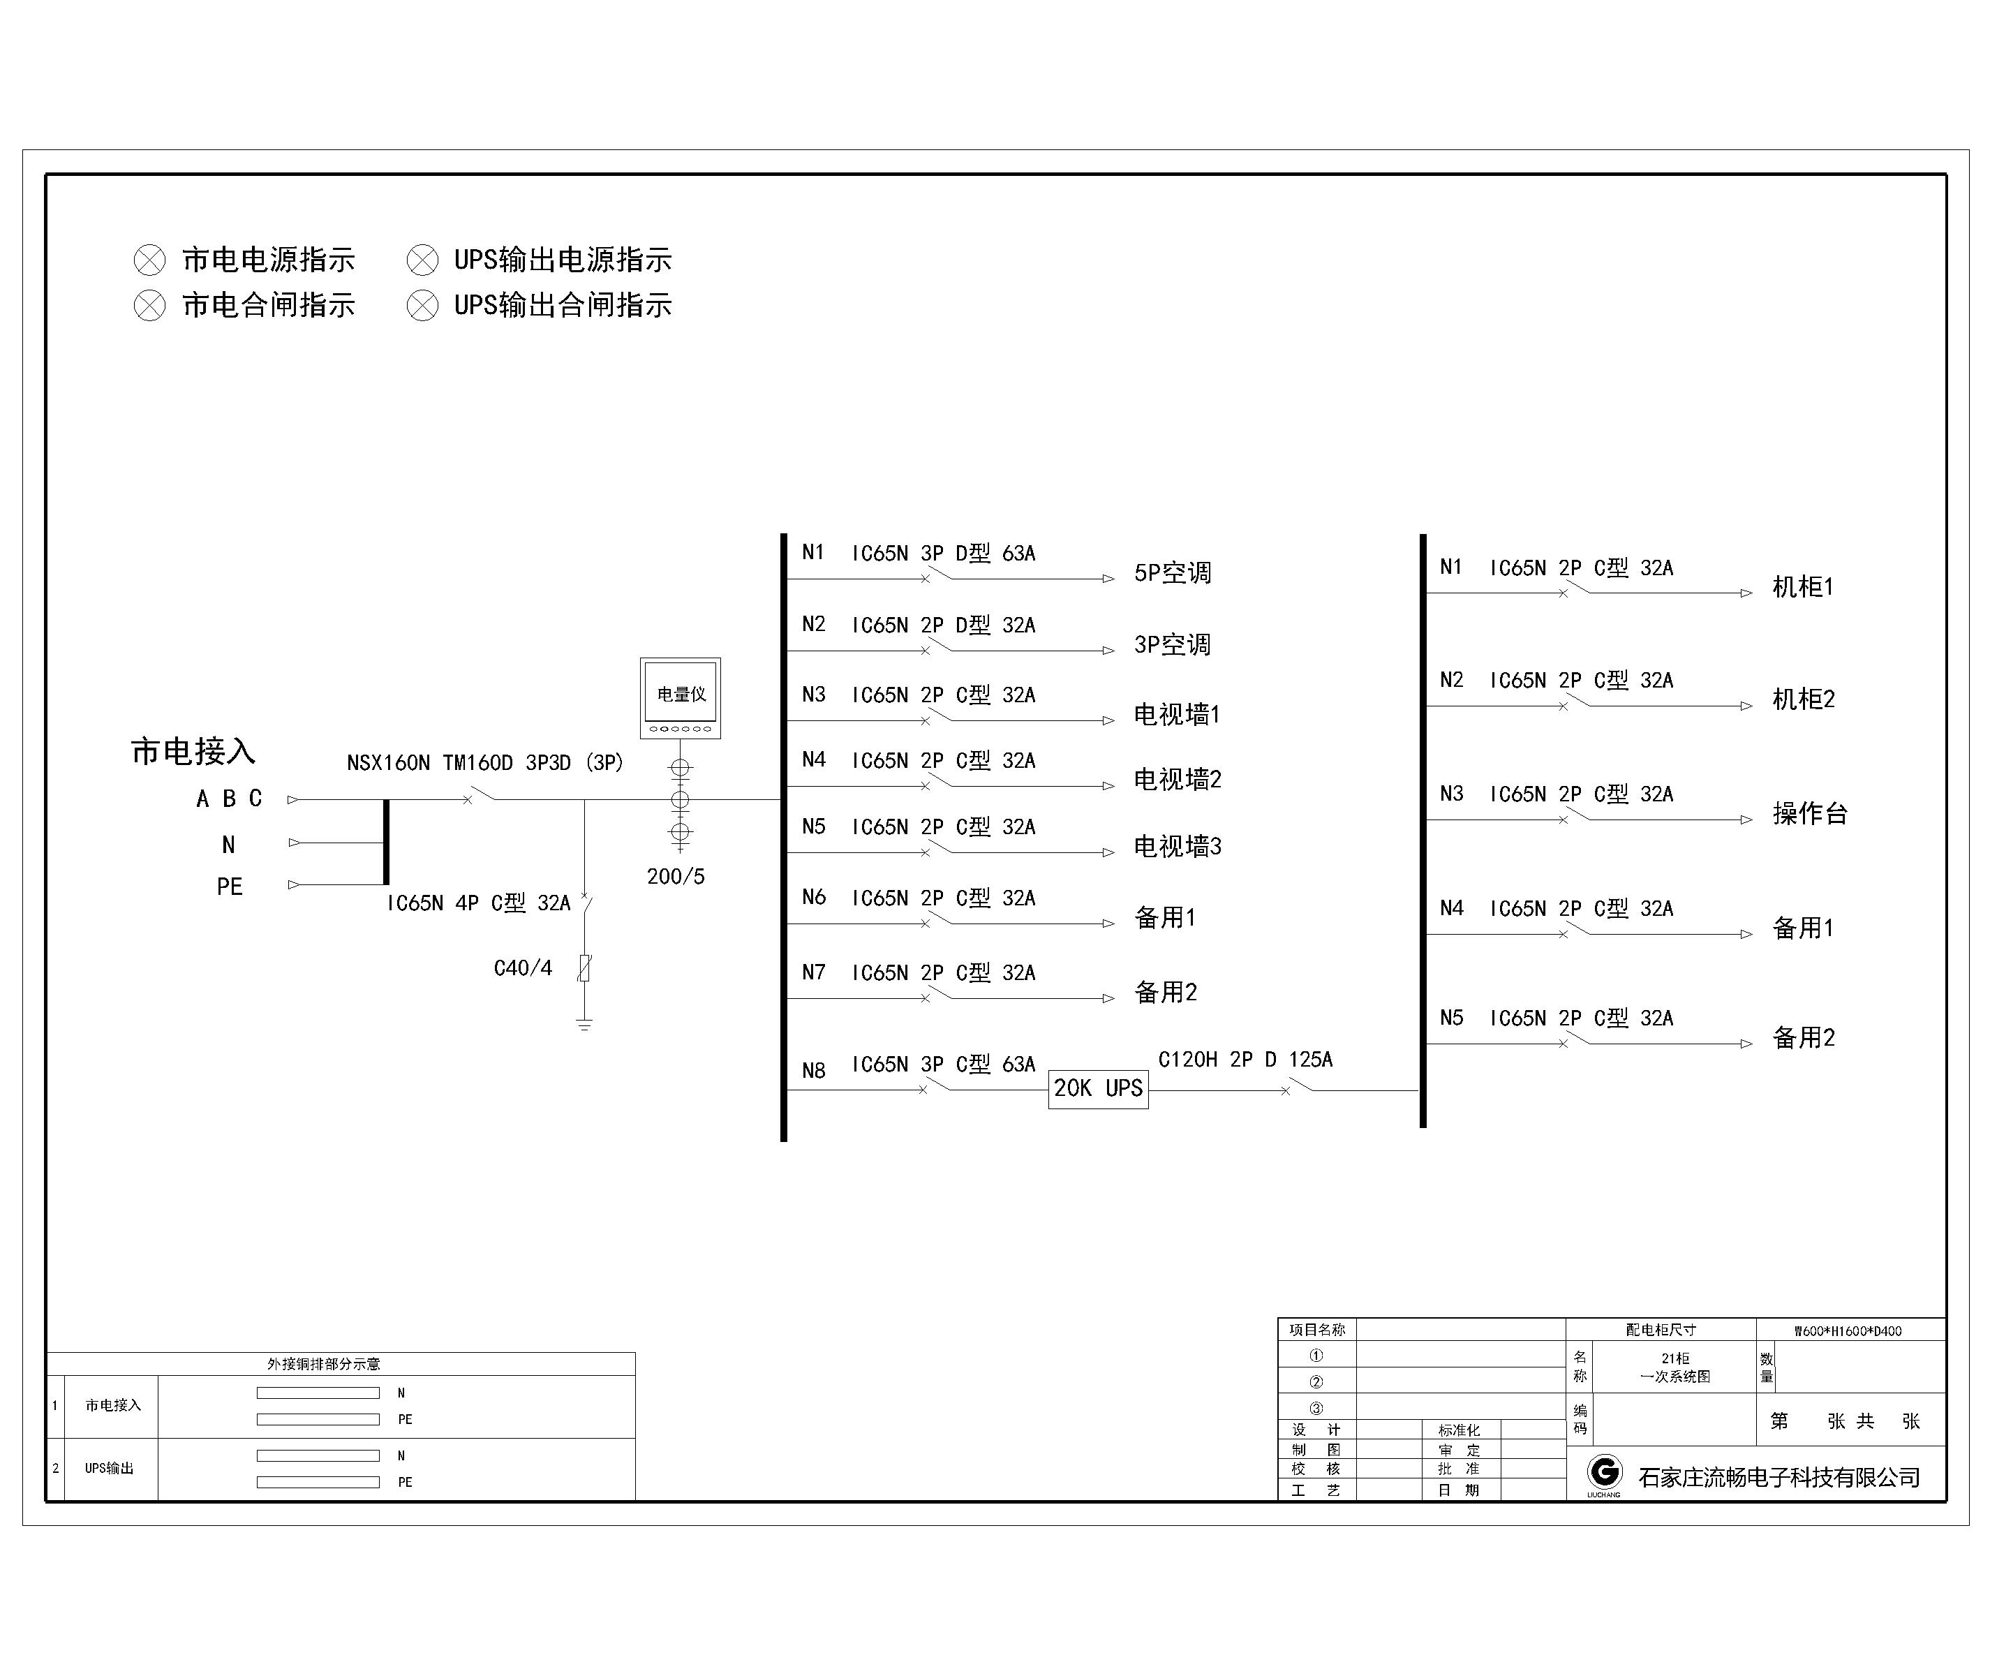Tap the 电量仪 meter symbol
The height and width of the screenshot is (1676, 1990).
pos(680,697)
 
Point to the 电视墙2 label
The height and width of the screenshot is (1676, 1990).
pos(1178,780)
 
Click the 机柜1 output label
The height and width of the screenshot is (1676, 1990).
pos(1803,587)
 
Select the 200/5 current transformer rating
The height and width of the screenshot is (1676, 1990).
pos(676,877)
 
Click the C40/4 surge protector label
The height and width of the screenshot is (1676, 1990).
pos(522,968)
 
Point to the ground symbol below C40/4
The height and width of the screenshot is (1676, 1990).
pos(584,1024)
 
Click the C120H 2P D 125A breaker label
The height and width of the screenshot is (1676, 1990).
pos(1245,1060)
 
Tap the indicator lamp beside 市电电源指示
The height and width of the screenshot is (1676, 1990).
pos(149,260)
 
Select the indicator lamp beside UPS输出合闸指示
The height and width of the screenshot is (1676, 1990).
pos(423,306)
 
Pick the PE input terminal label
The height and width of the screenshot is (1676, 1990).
pos(230,887)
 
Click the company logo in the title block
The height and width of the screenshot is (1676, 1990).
pos(1604,1474)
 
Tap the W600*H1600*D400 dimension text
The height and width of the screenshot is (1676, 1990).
pos(1848,1331)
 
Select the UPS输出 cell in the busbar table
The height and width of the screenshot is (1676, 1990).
pos(109,1469)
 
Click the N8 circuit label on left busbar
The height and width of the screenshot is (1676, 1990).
pos(814,1071)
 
